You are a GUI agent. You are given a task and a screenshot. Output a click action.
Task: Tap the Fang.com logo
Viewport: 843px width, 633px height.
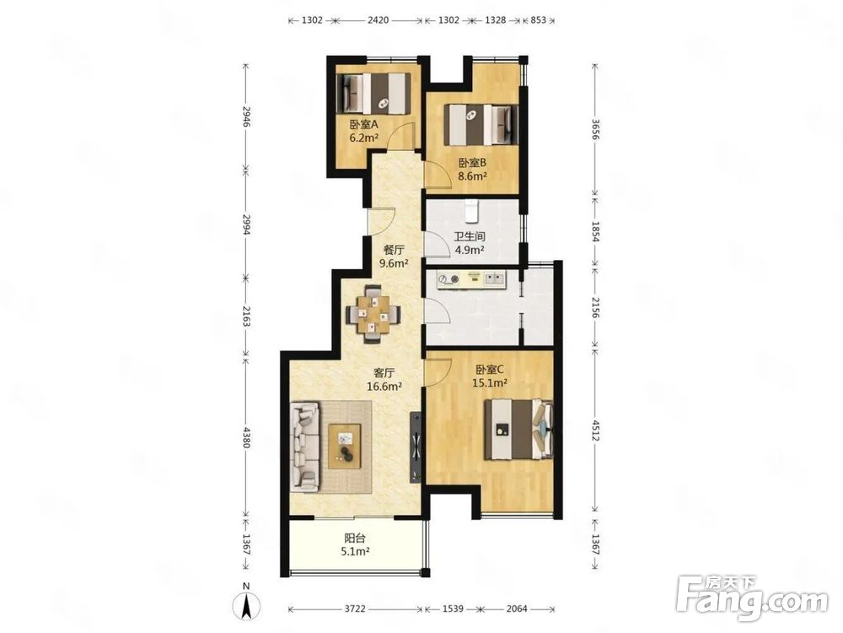point(753,597)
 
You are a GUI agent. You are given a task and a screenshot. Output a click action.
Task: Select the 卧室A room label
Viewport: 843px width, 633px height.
point(364,124)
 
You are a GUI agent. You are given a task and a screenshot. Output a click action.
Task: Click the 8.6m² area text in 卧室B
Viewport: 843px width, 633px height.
point(473,176)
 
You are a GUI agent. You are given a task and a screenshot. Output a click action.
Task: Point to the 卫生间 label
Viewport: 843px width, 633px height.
point(470,236)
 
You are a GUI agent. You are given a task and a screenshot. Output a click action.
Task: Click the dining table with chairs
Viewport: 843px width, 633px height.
point(373,314)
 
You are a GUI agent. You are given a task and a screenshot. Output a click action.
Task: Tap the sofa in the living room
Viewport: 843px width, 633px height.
point(305,448)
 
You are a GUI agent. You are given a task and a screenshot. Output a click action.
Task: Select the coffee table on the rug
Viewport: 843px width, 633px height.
point(345,446)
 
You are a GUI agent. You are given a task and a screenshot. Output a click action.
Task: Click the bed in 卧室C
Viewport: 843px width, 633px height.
point(518,430)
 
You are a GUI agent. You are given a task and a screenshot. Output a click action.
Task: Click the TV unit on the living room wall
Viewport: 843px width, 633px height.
point(415,447)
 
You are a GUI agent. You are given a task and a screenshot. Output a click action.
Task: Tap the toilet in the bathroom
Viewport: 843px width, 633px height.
point(471,210)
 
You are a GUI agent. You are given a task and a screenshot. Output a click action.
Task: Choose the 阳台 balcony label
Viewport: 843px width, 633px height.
point(355,538)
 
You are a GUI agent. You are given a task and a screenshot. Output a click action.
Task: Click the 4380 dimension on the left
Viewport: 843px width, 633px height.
point(246,437)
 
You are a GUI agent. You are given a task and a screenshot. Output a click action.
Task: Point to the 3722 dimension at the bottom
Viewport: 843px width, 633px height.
point(355,609)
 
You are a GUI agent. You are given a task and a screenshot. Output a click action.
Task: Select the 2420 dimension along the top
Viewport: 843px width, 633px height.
point(378,20)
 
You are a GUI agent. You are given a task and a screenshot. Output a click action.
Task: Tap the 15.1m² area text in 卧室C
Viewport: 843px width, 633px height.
point(490,382)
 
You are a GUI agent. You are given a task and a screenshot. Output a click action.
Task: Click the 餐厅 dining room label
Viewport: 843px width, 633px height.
point(394,251)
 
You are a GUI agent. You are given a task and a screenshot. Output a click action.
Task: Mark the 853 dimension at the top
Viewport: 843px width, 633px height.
point(538,20)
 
